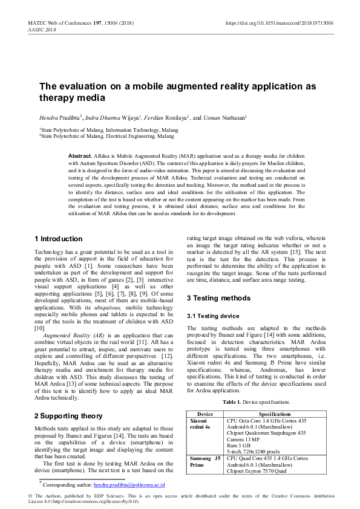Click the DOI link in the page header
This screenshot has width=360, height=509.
click(x=280, y=22)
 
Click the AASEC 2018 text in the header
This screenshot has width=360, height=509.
click(x=41, y=29)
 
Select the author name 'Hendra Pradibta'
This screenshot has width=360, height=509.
click(x=59, y=118)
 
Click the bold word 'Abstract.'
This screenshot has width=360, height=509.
click(x=80, y=156)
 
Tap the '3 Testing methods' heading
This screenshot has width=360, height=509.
click(x=218, y=298)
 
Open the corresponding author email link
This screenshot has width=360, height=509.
click(x=129, y=485)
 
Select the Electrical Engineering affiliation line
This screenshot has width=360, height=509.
click(x=106, y=137)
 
